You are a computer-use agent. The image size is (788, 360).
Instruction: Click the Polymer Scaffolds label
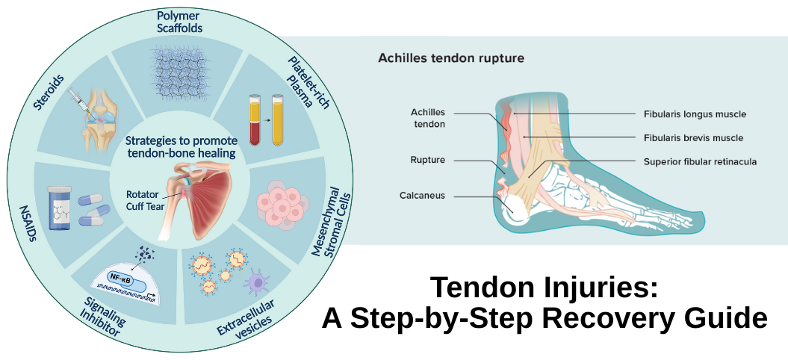(179, 22)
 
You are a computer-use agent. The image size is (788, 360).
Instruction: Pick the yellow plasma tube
(279, 120)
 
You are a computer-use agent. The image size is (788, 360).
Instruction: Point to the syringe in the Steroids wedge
(81, 100)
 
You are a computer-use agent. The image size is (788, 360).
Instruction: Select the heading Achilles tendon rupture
(451, 57)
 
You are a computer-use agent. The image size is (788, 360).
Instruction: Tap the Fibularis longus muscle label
(695, 114)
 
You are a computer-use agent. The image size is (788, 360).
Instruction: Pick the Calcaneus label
(423, 196)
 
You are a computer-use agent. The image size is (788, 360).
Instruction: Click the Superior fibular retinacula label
(701, 161)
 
